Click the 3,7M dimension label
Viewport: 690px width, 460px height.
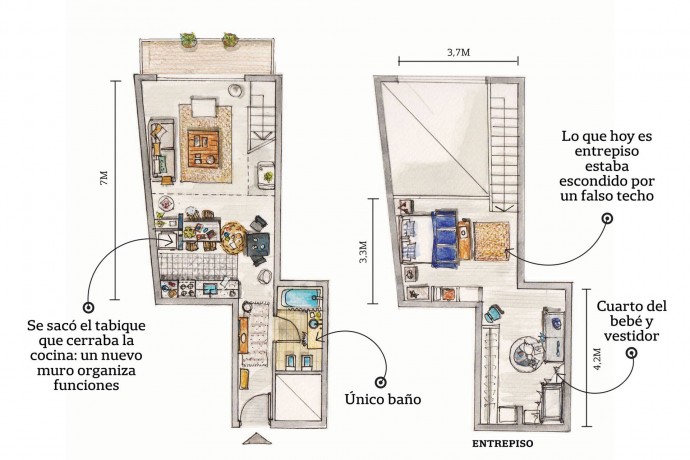pyautogui.click(x=459, y=52)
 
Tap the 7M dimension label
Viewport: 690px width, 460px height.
pyautogui.click(x=104, y=179)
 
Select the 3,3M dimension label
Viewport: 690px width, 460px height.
pyautogui.click(x=363, y=252)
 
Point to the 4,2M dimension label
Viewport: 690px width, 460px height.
pyautogui.click(x=597, y=359)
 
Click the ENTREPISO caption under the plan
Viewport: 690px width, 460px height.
pyautogui.click(x=502, y=444)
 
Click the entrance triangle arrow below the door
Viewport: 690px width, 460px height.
pyautogui.click(x=254, y=439)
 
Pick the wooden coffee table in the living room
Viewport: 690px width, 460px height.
pyautogui.click(x=203, y=148)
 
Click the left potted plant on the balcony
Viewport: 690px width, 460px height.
pyautogui.click(x=188, y=39)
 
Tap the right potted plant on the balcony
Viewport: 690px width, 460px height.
pyautogui.click(x=230, y=40)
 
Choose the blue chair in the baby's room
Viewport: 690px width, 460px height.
pyautogui.click(x=492, y=313)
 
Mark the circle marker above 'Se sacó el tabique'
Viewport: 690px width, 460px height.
pyautogui.click(x=88, y=308)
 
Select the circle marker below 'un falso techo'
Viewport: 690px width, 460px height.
pyautogui.click(x=608, y=218)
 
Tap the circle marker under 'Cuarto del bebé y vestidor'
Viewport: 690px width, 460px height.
pyautogui.click(x=633, y=352)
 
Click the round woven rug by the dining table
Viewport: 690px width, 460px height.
pyautogui.click(x=232, y=238)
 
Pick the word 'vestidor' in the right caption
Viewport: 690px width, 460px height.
pyautogui.click(x=631, y=336)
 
